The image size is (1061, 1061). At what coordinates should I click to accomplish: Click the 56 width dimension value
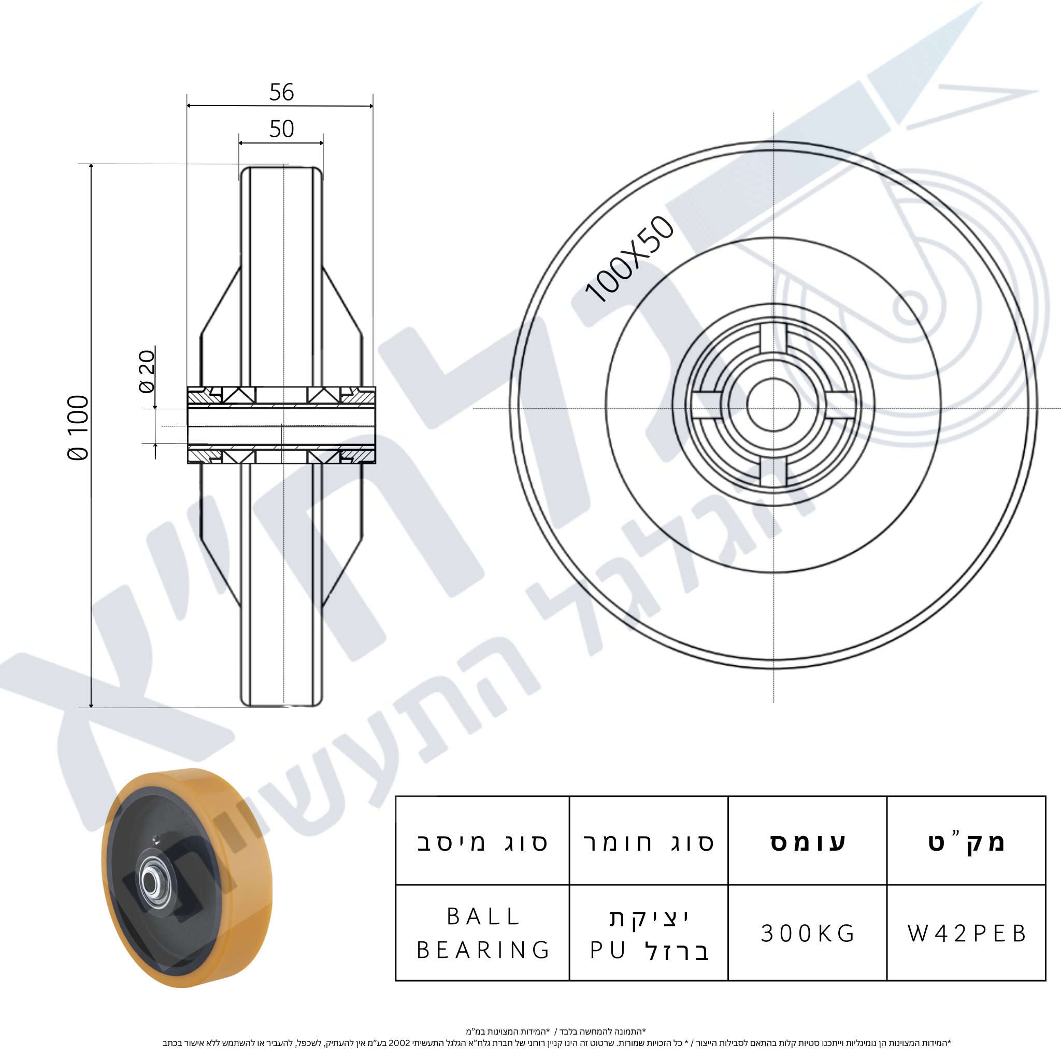pos(281,92)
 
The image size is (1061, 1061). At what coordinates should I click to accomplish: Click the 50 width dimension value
pos(281,129)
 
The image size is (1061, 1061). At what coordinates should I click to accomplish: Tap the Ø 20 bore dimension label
pos(147,371)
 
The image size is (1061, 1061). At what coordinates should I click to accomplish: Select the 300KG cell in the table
pos(808,934)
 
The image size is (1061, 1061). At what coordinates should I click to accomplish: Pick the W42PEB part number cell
pos(967,934)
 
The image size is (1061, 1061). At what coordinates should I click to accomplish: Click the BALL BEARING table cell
pos(483,934)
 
